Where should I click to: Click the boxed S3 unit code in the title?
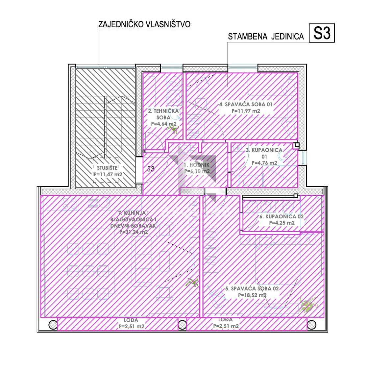[x=322, y=33]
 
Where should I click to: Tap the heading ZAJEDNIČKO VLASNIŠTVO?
[x=144, y=24]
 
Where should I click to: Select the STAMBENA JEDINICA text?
[x=266, y=37]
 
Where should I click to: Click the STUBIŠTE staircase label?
[x=107, y=168]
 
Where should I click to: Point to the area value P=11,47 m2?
[x=108, y=174]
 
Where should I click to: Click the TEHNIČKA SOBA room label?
[x=163, y=114]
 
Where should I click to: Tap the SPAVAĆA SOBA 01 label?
[x=246, y=104]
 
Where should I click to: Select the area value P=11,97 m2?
[x=246, y=111]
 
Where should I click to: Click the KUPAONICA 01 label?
[x=264, y=153]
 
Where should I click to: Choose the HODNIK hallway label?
[x=197, y=165]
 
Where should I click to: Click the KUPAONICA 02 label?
[x=282, y=216]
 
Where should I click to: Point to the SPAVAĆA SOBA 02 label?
[x=252, y=288]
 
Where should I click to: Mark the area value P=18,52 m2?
[x=252, y=295]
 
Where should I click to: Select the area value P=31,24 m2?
[x=134, y=232]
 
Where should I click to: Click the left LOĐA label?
[x=131, y=320]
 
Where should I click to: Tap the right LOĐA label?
[x=226, y=320]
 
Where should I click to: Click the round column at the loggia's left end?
[x=53, y=325]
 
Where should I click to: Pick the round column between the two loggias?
[x=182, y=325]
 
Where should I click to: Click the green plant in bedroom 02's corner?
[x=308, y=305]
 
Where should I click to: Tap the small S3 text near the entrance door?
[x=151, y=169]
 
